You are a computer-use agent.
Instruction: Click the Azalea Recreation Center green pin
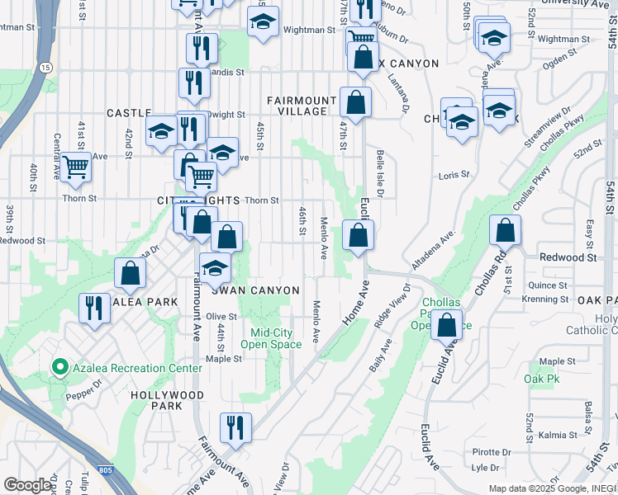[x=59, y=367]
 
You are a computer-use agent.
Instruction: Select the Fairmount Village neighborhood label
[x=302, y=106]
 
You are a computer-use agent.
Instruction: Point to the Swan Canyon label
[x=254, y=290]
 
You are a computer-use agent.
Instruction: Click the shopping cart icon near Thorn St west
[x=76, y=167]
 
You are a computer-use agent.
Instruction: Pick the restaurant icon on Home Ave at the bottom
[x=235, y=427]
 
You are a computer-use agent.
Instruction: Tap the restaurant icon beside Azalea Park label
[x=95, y=309]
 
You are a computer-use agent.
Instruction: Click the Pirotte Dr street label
[x=492, y=452]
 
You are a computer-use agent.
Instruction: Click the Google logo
[x=28, y=485]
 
